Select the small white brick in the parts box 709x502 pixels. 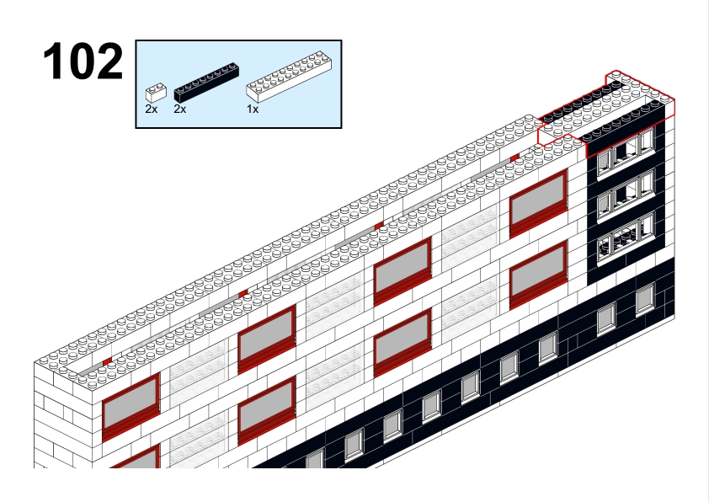(156, 93)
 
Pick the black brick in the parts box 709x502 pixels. (206, 82)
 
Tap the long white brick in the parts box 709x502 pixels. (290, 76)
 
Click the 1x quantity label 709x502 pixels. (253, 109)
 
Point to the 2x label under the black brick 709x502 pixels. (180, 109)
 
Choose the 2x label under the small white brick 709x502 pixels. (152, 109)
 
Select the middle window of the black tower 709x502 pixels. (626, 194)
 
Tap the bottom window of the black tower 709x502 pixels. (626, 238)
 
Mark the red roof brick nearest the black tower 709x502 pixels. (514, 158)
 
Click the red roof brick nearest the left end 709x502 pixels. (107, 361)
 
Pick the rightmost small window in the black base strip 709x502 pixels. (645, 298)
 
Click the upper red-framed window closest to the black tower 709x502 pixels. (538, 203)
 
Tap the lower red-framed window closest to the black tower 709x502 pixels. (538, 275)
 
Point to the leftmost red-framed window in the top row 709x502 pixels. (131, 407)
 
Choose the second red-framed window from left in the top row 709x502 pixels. (267, 339)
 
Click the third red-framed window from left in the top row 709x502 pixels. (402, 271)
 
